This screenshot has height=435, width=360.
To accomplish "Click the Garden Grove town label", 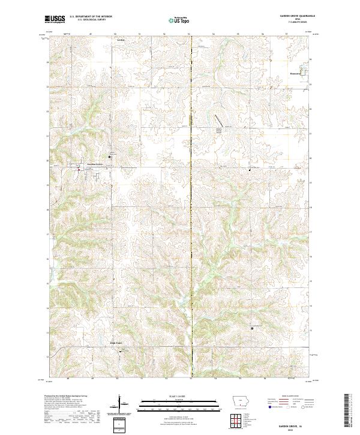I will point(96,164).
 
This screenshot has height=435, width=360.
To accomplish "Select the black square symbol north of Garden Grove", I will point(109,157).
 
